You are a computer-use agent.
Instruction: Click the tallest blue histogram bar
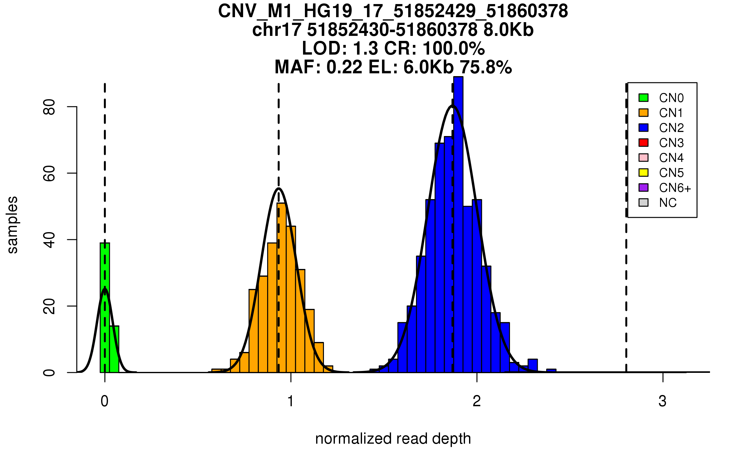[x=458, y=225]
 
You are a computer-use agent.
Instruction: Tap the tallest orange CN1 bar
[x=281, y=287]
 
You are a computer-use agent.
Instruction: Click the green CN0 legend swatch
[x=644, y=98]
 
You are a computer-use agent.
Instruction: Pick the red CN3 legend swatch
[x=644, y=143]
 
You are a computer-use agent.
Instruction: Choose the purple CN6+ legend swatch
[x=644, y=188]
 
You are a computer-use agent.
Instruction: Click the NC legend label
[x=668, y=203]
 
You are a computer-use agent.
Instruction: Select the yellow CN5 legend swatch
[x=644, y=173]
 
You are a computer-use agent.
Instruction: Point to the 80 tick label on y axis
[x=49, y=107]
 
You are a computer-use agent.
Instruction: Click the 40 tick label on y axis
[x=49, y=240]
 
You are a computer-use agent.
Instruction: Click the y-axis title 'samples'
[x=12, y=225]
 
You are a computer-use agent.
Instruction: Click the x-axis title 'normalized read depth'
[x=393, y=438]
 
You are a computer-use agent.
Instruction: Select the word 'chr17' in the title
[x=277, y=30]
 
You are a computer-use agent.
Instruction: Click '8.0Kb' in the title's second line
[x=508, y=30]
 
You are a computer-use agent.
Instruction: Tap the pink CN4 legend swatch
[x=644, y=158]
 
